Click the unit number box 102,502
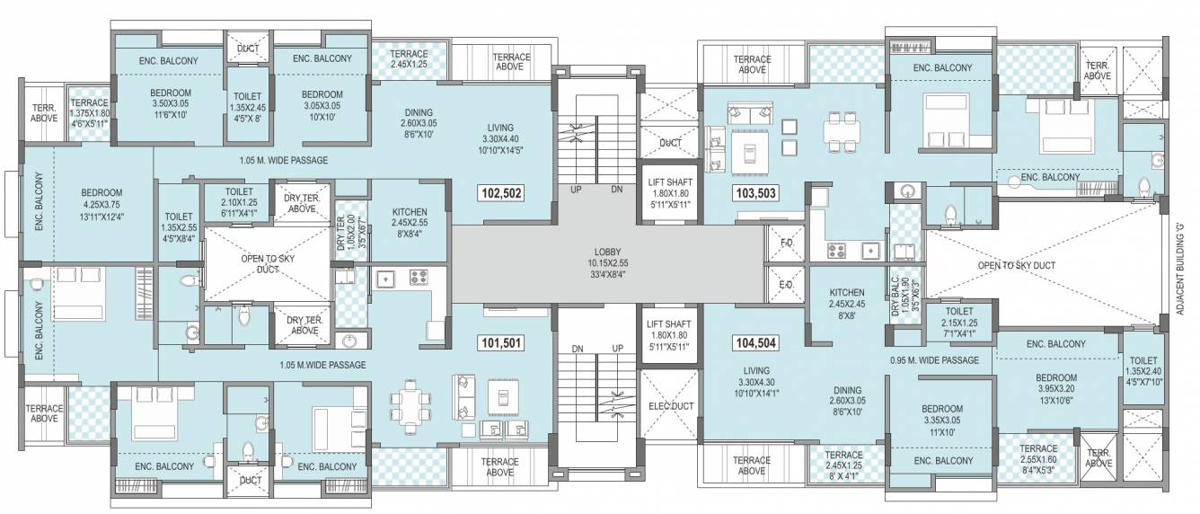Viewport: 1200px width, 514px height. click(502, 192)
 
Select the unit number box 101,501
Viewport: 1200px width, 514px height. click(502, 342)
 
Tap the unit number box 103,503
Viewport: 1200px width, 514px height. click(755, 192)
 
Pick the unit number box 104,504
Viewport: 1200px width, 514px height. click(755, 342)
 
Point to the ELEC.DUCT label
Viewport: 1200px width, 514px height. click(668, 406)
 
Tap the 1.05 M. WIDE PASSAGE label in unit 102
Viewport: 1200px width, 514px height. click(283, 160)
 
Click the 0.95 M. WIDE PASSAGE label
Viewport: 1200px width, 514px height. click(934, 360)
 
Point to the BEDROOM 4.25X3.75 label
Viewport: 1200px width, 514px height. click(101, 205)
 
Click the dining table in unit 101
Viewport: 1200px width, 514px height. click(409, 402)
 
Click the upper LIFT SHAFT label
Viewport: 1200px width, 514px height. click(668, 193)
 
